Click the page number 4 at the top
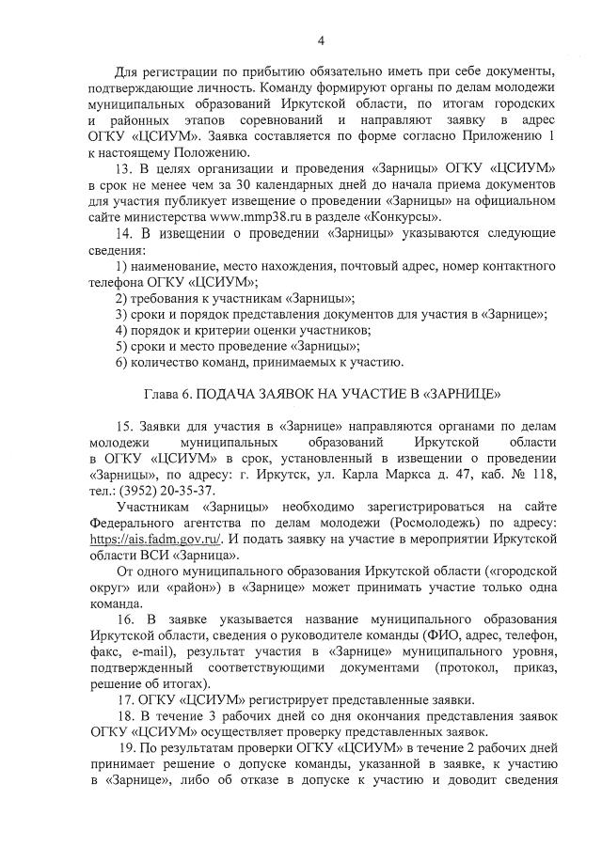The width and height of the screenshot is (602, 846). tap(321, 40)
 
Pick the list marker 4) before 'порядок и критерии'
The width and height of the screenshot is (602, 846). tap(122, 330)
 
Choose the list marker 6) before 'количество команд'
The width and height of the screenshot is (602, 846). tap(122, 362)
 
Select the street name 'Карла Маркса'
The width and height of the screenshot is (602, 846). tap(389, 474)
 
